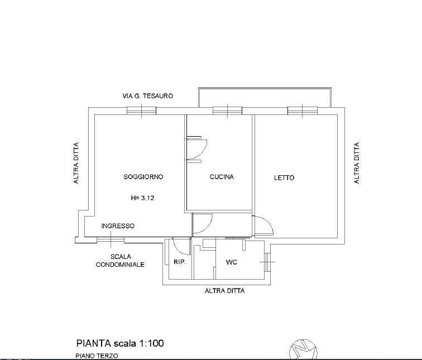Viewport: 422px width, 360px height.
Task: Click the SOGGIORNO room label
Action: click(x=143, y=177)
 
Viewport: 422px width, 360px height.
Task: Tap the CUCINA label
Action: click(x=222, y=177)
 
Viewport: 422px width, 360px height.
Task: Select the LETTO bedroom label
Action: click(x=284, y=177)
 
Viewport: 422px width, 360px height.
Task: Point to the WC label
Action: click(x=232, y=262)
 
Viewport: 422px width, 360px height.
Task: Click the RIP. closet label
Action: click(x=180, y=262)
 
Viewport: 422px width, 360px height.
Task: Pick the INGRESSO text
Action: click(x=118, y=225)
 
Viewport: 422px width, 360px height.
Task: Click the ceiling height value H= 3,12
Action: click(x=143, y=198)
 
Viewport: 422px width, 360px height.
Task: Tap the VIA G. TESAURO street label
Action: click(x=148, y=96)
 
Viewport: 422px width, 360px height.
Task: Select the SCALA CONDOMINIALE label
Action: click(x=121, y=261)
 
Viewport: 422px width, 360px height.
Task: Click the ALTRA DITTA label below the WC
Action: click(x=225, y=291)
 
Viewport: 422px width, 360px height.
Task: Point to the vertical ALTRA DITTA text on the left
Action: click(x=76, y=163)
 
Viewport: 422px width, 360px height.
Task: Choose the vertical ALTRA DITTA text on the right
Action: click(x=357, y=163)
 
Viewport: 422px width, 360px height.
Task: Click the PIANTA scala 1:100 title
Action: click(x=120, y=343)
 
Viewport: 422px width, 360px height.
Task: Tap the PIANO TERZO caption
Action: click(x=97, y=356)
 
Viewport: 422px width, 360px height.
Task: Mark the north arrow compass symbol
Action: click(x=303, y=349)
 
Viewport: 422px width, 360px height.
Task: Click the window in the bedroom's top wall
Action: click(x=303, y=111)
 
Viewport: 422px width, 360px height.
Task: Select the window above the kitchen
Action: click(x=227, y=111)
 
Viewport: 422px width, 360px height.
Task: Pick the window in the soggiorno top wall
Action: click(x=142, y=111)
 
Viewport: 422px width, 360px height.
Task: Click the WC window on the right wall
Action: click(x=266, y=262)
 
